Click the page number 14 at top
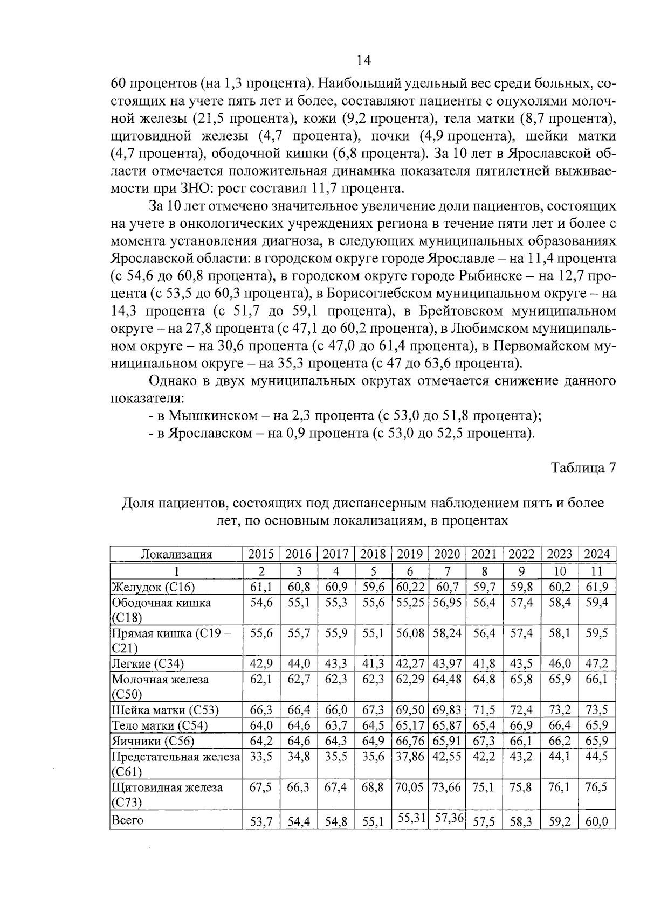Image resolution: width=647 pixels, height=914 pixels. pyautogui.click(x=364, y=60)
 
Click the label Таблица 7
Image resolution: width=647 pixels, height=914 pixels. pyautogui.click(x=583, y=468)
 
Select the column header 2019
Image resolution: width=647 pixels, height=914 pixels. pyautogui.click(x=410, y=554)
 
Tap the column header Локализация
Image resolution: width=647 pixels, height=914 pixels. pyautogui.click(x=176, y=554)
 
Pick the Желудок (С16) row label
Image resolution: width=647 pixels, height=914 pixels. pyautogui.click(x=153, y=587)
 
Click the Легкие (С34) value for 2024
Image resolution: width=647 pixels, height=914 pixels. pyautogui.click(x=596, y=664)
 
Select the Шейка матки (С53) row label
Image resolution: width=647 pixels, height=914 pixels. pyautogui.click(x=165, y=710)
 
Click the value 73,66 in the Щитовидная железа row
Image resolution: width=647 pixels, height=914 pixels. pyautogui.click(x=447, y=787)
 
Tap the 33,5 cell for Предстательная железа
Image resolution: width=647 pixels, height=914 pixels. pyautogui.click(x=261, y=757)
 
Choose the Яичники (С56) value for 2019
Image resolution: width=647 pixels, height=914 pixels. pyautogui.click(x=410, y=741)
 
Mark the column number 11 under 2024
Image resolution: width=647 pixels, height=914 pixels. pyautogui.click(x=596, y=571)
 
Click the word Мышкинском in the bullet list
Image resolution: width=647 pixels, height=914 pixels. pyautogui.click(x=212, y=416)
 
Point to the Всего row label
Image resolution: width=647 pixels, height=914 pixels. pyautogui.click(x=127, y=820)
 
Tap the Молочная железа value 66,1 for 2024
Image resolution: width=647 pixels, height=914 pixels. pyautogui.click(x=596, y=679)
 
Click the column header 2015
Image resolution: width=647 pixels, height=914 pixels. pyautogui.click(x=261, y=554)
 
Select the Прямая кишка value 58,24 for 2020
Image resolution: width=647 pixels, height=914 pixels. pyautogui.click(x=447, y=633)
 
